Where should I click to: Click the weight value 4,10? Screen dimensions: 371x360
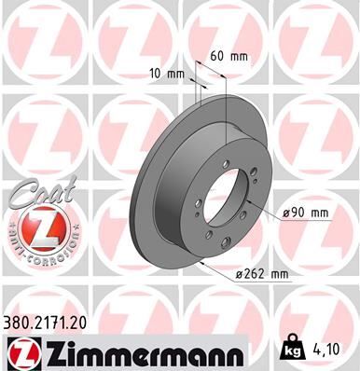(x=325, y=352)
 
